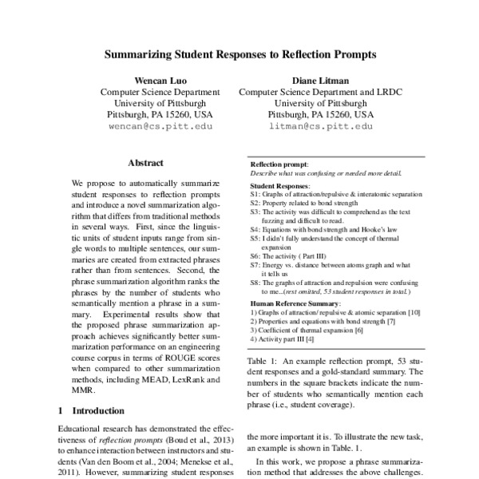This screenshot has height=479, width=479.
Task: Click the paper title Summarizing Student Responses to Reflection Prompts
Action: (x=239, y=57)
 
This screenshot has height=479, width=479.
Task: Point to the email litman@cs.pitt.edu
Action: (x=321, y=126)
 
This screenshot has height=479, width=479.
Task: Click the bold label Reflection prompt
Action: (x=279, y=164)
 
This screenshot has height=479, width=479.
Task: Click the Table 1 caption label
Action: (x=263, y=361)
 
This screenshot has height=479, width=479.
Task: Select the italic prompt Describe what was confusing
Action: (x=326, y=172)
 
